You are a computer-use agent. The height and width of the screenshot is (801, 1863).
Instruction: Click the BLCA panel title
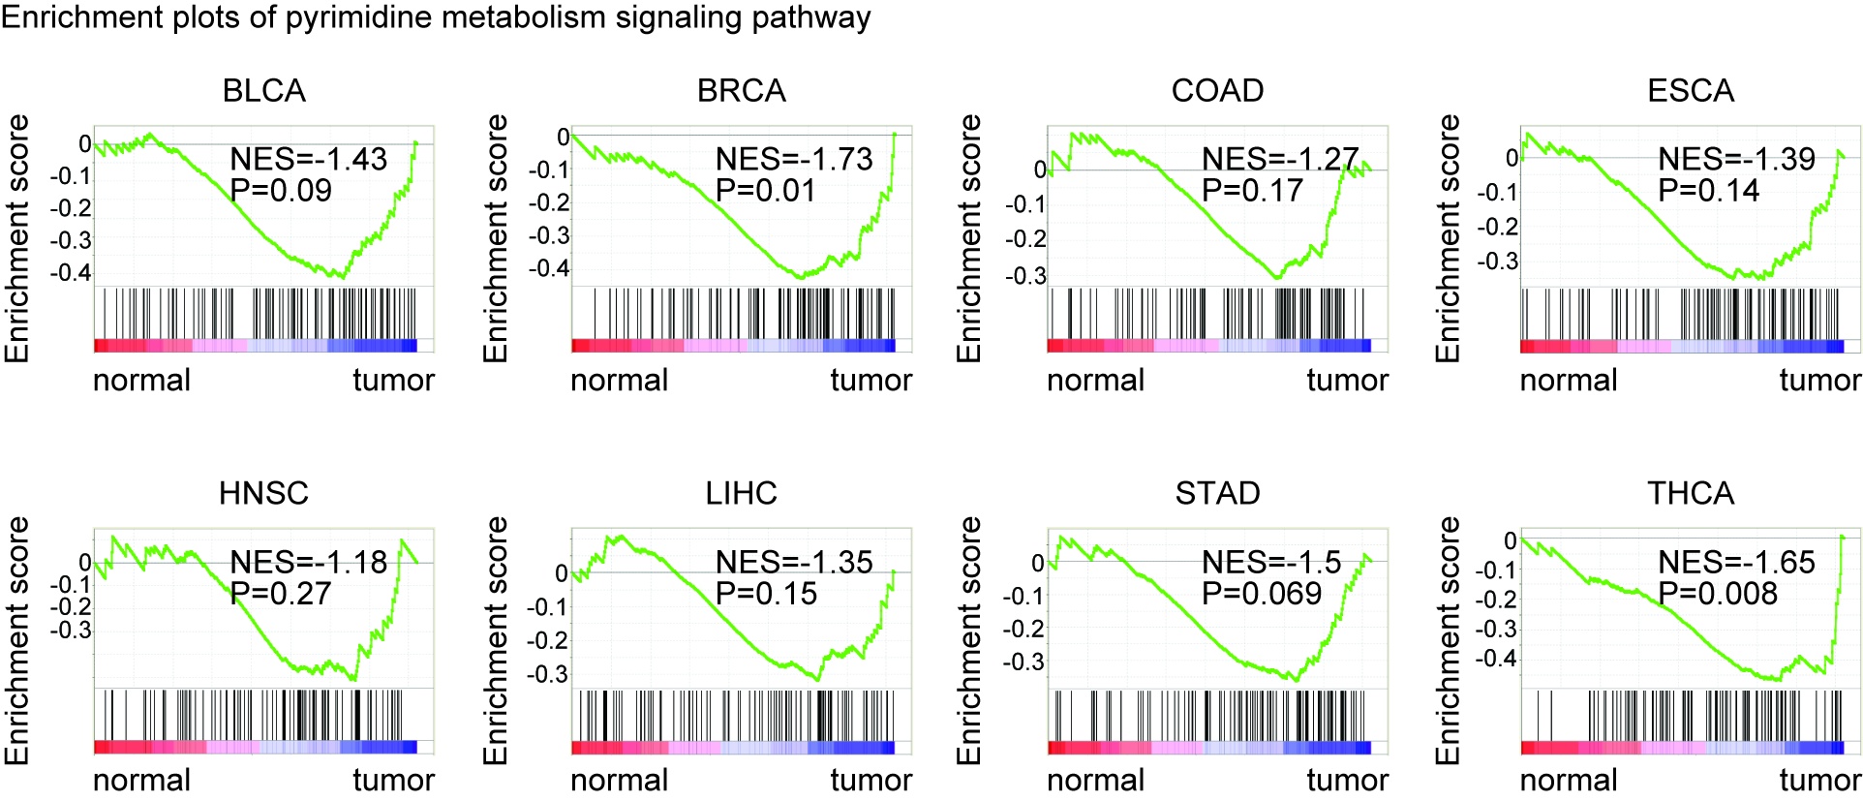coord(263,91)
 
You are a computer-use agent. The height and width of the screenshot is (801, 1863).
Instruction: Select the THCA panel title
coord(1691,494)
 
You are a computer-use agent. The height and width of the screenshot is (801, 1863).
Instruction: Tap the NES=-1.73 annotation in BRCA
coord(794,159)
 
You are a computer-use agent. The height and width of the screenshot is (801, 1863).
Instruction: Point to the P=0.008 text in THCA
coord(1718,594)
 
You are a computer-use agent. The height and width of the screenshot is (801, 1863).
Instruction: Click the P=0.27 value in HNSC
coord(281,594)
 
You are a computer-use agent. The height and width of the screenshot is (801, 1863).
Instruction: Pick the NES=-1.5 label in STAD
coord(1271,562)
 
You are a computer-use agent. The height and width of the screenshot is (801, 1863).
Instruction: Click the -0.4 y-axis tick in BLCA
coord(71,272)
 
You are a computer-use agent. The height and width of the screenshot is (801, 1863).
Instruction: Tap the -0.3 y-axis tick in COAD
coord(1025,276)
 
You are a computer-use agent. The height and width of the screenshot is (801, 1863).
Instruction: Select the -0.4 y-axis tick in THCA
coord(1496,659)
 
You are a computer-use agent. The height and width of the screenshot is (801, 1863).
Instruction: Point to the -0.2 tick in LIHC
coord(549,640)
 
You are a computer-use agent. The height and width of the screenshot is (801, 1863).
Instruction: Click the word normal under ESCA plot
coord(1569,381)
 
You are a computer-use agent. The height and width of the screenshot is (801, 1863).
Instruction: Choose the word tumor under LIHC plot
coord(870,780)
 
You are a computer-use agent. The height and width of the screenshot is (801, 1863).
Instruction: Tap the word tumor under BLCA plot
coord(393,381)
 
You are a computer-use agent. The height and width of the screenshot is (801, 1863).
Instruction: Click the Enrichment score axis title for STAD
coord(968,640)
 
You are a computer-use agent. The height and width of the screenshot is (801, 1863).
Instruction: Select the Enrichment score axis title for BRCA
coord(495,238)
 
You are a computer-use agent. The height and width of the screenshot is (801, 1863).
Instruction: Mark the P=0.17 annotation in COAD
coord(1252,191)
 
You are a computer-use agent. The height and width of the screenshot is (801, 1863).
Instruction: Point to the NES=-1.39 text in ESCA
coord(1736,159)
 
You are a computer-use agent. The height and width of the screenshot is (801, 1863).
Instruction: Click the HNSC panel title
coord(263,494)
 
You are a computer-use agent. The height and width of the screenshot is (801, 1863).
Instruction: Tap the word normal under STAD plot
coord(1095,780)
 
